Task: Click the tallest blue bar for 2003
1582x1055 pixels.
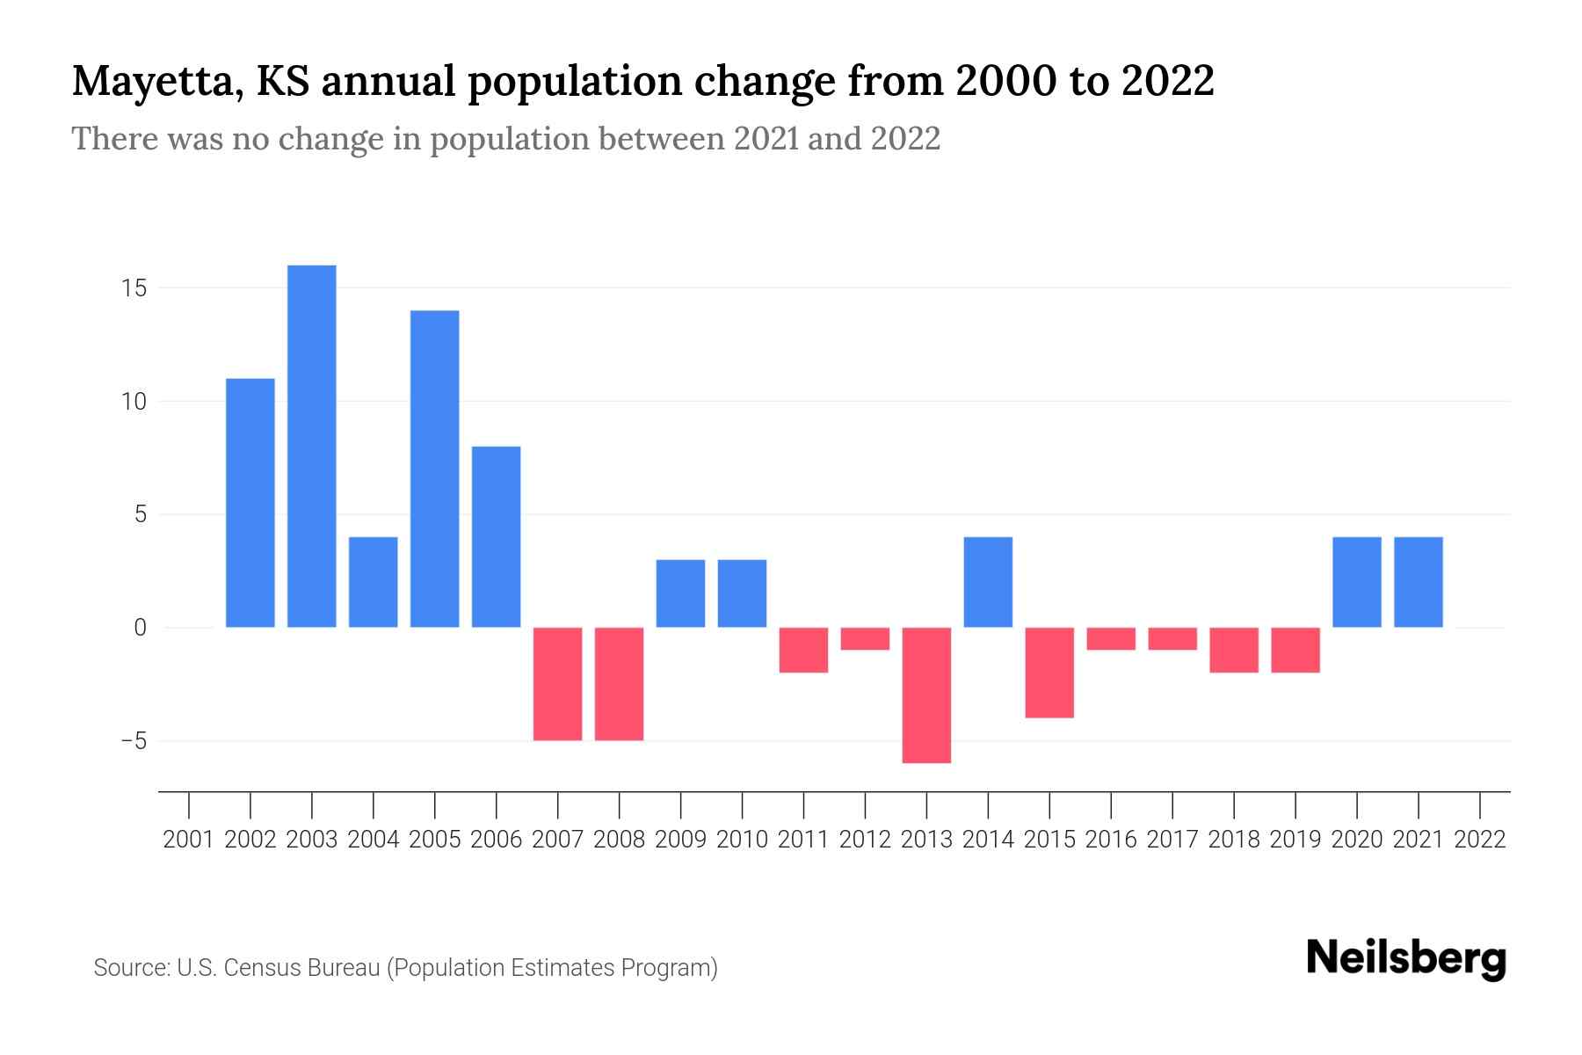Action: pos(312,446)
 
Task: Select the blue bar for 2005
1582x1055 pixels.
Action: pos(435,469)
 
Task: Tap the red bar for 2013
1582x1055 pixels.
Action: pos(926,695)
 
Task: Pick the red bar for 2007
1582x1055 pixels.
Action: pos(558,683)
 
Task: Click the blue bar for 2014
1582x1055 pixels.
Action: pos(988,582)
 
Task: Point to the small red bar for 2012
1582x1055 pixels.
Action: pos(865,638)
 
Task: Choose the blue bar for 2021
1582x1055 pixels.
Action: pos(1419,582)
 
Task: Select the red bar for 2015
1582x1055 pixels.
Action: pos(1049,673)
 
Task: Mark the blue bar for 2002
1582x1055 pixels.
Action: pos(250,503)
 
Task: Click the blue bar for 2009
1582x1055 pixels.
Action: pos(681,593)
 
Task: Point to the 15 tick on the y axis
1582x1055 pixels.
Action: pos(134,288)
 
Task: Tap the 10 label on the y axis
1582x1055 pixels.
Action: pos(134,402)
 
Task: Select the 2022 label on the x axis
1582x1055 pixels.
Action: pos(1480,840)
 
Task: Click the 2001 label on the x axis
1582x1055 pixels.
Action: pos(189,840)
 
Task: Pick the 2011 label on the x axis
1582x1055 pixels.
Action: pos(803,840)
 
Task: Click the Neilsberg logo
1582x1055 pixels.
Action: pos(1406,958)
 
